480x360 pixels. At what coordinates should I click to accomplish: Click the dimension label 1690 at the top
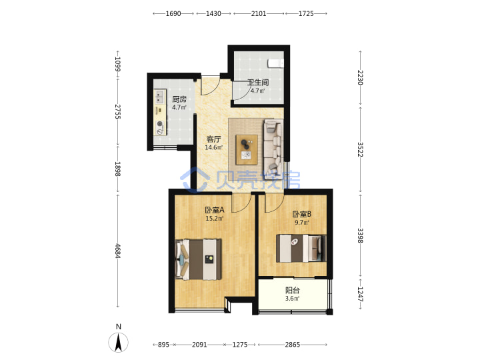(x=173, y=13)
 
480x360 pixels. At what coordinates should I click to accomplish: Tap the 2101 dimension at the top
(x=259, y=13)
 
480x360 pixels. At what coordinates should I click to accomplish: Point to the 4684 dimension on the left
(x=118, y=251)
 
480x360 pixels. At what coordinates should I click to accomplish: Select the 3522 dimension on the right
(x=360, y=149)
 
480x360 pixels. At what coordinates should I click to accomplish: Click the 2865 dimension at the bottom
(x=293, y=345)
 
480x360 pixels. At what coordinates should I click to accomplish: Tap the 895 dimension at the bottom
(x=163, y=345)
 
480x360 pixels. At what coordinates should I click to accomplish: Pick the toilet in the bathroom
(x=275, y=63)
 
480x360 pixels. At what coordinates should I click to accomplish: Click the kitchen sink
(x=159, y=96)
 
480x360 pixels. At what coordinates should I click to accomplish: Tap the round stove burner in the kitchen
(x=159, y=124)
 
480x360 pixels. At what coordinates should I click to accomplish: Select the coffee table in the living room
(x=247, y=149)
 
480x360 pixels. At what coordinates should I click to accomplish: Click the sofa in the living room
(x=273, y=146)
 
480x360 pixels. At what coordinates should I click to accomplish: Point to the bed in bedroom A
(x=198, y=259)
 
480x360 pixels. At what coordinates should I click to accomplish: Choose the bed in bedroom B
(x=301, y=248)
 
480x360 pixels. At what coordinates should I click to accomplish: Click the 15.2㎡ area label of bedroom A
(x=214, y=219)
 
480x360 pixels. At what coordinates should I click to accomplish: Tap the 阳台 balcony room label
(x=293, y=290)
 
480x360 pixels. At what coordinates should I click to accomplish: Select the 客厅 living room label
(x=213, y=139)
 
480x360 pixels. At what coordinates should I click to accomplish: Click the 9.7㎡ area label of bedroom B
(x=302, y=223)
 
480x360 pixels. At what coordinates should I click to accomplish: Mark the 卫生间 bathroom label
(x=258, y=83)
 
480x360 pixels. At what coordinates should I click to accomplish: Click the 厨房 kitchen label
(x=179, y=99)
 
